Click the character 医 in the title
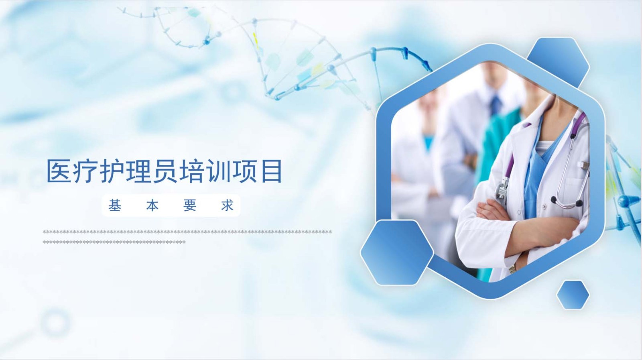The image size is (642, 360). coord(59,171)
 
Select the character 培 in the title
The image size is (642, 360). coord(192,171)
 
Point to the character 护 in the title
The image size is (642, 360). coord(112,171)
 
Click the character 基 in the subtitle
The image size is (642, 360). coord(115,205)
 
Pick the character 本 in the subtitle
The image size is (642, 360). coord(152,205)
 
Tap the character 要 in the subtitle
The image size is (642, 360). coord(190,205)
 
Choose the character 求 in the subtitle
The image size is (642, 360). coord(227,205)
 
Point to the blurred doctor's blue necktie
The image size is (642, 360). coord(495,105)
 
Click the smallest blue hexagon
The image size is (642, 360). coord(573,295)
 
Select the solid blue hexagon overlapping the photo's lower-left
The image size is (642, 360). coord(397,252)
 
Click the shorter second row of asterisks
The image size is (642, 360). coord(114,242)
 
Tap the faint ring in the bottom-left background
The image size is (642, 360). coord(55,322)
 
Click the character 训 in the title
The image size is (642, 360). coord(218,171)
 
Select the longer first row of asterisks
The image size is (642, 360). coord(187,232)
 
